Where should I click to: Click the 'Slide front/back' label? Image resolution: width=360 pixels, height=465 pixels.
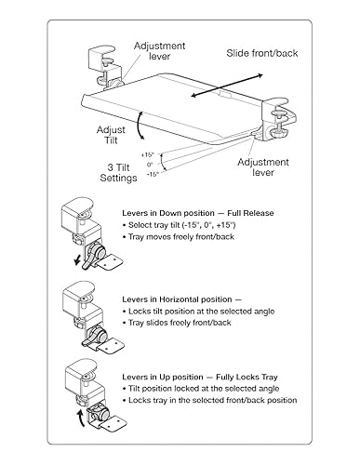coord(262,53)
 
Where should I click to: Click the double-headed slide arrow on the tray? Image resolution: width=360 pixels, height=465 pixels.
coord(227,86)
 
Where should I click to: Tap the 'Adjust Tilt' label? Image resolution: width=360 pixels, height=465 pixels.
coord(111,135)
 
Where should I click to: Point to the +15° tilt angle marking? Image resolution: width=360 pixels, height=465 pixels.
coord(147,154)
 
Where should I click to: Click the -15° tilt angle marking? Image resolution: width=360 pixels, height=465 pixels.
coord(153,174)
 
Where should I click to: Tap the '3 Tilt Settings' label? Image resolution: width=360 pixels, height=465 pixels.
coord(118,173)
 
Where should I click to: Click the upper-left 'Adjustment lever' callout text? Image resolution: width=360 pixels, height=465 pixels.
coord(159,51)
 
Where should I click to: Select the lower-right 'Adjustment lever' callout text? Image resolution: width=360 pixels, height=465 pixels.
coord(263,167)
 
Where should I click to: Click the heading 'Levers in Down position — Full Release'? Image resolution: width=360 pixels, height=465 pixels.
coord(198,213)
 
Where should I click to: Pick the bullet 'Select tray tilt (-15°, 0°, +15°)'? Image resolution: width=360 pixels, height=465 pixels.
coord(182,225)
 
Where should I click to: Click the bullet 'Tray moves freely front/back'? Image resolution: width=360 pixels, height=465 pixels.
coord(179,237)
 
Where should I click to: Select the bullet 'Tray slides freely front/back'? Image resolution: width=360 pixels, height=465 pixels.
coord(177,323)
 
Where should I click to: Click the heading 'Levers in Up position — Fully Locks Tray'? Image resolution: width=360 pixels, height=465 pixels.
coord(200,378)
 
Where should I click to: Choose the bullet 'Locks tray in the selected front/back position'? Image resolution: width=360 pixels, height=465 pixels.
coord(210,400)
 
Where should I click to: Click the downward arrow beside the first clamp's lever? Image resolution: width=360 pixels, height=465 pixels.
coord(77,260)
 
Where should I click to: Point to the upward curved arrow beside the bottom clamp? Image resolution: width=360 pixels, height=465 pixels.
coord(81,418)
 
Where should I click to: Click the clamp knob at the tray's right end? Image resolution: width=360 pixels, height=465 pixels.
coord(279,132)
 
